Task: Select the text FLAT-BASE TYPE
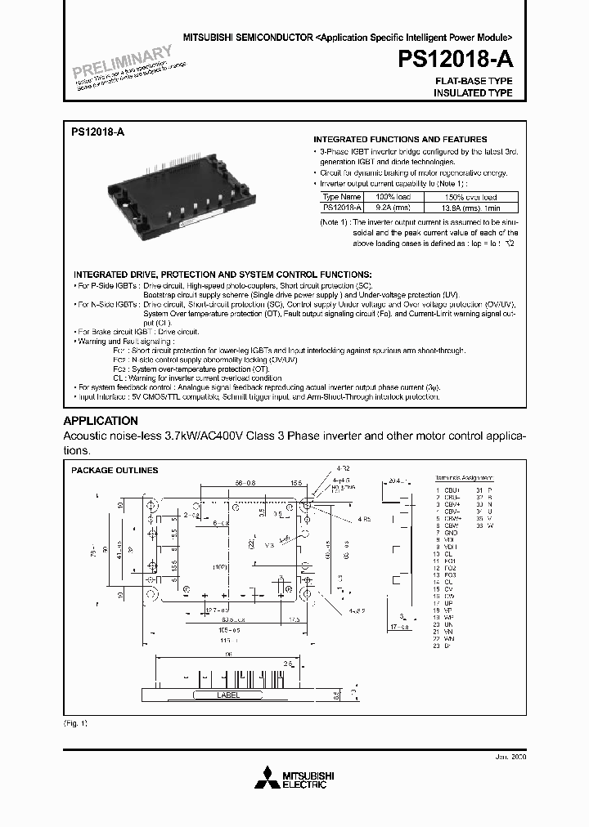474,82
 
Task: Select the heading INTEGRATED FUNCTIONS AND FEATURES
400,140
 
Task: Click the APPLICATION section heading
101,421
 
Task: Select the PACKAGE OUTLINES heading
115,471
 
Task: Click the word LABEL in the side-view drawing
228,695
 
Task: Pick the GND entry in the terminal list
452,532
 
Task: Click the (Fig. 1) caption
75,724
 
